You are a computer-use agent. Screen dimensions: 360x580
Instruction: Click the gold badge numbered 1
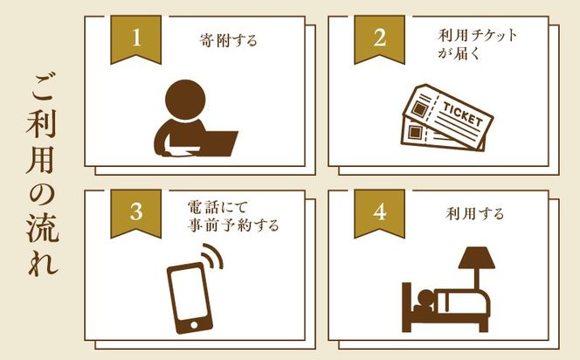click(x=135, y=38)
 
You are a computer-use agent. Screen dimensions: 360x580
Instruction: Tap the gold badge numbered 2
click(x=379, y=38)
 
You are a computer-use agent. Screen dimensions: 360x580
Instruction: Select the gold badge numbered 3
click(x=135, y=211)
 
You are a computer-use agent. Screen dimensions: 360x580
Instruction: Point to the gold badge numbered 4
click(x=379, y=211)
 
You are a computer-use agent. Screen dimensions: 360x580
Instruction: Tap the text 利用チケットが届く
click(x=477, y=45)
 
